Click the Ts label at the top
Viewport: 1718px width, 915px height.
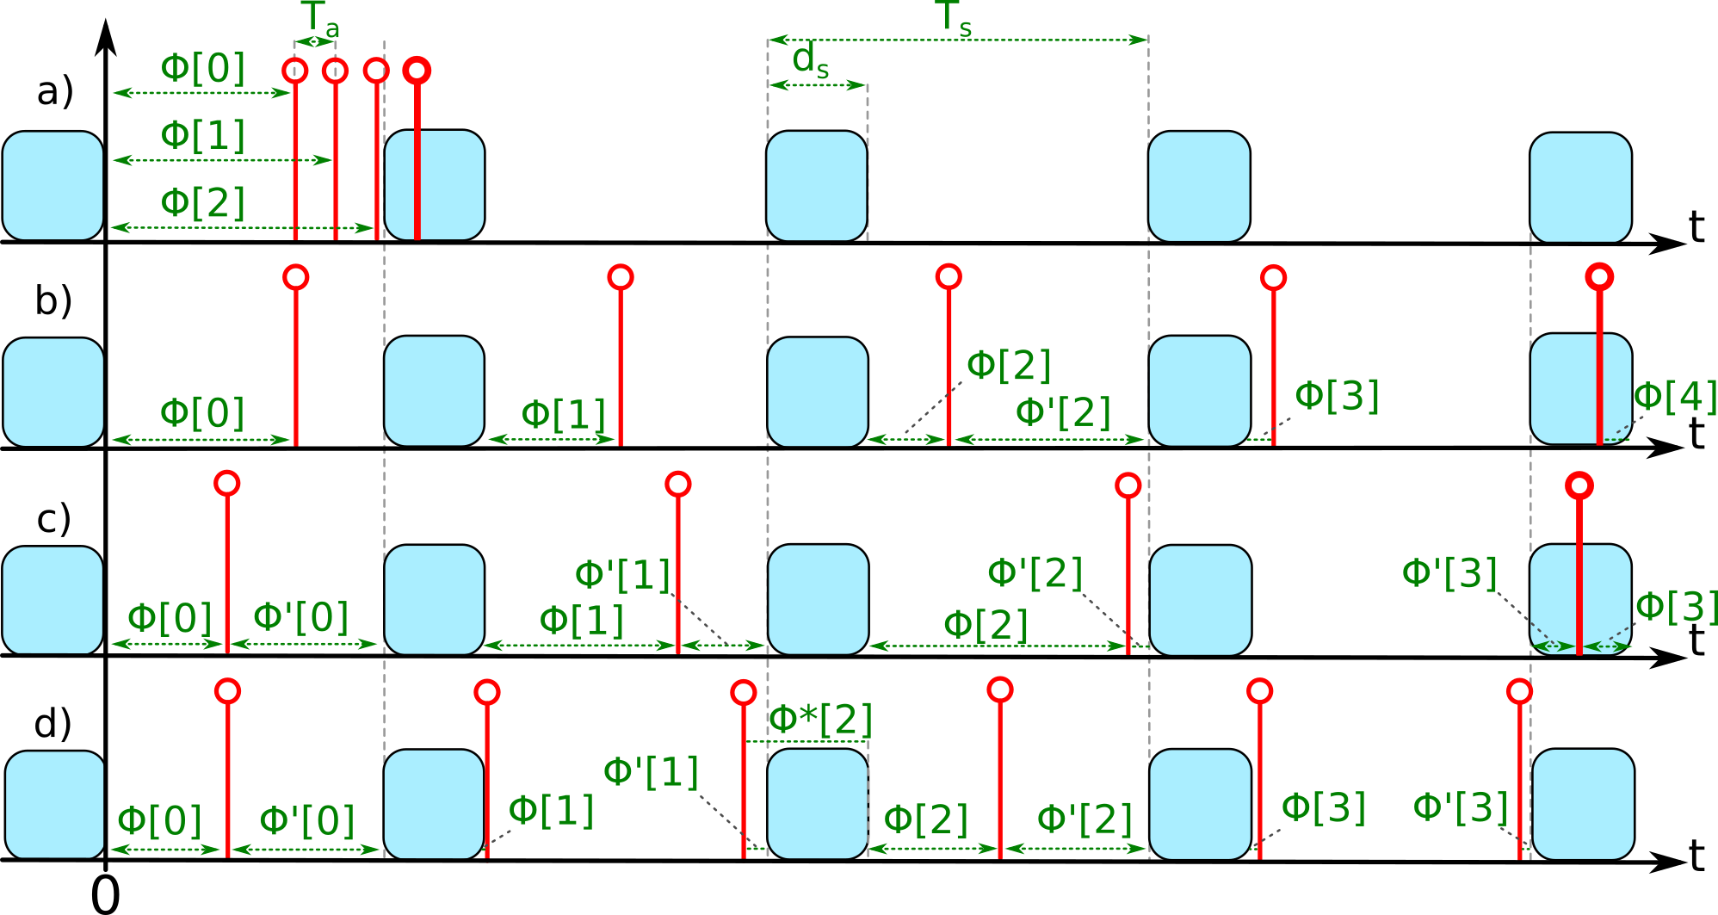click(x=953, y=19)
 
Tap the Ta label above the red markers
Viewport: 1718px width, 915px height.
click(x=319, y=21)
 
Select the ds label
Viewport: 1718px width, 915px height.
click(x=810, y=61)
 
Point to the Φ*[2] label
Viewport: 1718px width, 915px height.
click(x=820, y=720)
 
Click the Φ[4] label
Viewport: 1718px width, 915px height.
click(x=1675, y=397)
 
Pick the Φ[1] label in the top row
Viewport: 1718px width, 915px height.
click(x=203, y=136)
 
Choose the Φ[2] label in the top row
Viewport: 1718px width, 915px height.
click(x=203, y=203)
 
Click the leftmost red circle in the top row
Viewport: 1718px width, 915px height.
click(x=295, y=71)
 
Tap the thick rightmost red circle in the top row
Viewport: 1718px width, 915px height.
click(x=417, y=71)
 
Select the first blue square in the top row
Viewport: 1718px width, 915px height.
click(x=53, y=186)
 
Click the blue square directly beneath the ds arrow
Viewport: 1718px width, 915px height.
click(x=817, y=186)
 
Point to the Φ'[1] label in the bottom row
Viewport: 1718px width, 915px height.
click(x=651, y=773)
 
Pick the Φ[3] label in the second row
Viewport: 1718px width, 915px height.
click(x=1337, y=396)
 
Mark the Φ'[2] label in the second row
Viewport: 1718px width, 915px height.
click(x=1063, y=413)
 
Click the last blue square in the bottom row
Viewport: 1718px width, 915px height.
click(x=1583, y=804)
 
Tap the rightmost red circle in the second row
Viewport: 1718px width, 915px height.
click(x=1599, y=277)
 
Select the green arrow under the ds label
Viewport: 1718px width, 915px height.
click(x=817, y=85)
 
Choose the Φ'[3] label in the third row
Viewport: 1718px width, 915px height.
click(x=1449, y=574)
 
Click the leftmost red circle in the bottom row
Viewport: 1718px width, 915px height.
click(x=228, y=691)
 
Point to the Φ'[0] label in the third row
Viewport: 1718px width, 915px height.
click(x=300, y=618)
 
